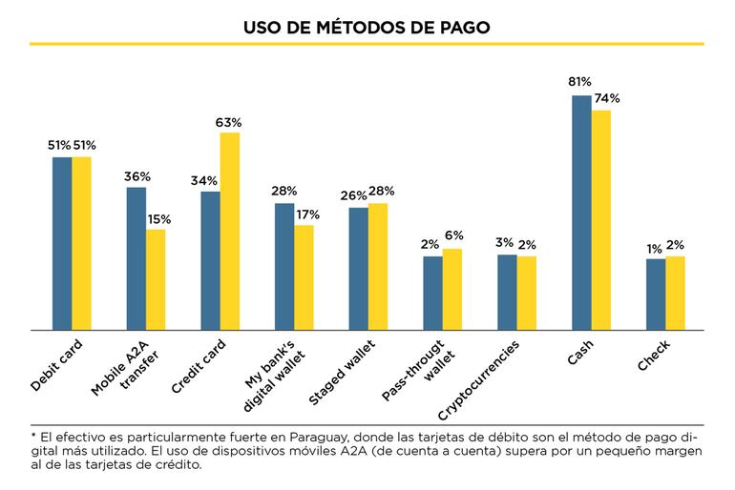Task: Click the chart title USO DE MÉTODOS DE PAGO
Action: coord(367,28)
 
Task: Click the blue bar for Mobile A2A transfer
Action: coord(136,258)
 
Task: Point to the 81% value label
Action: coord(579,82)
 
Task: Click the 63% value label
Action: coord(229,122)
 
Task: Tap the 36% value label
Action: coord(137,176)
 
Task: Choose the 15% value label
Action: coord(158,219)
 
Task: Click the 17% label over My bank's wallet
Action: coord(306,214)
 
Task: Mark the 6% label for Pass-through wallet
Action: coord(454,236)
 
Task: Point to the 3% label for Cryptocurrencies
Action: coord(506,242)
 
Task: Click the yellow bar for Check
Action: coord(675,293)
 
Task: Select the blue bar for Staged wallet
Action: coord(358,268)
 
